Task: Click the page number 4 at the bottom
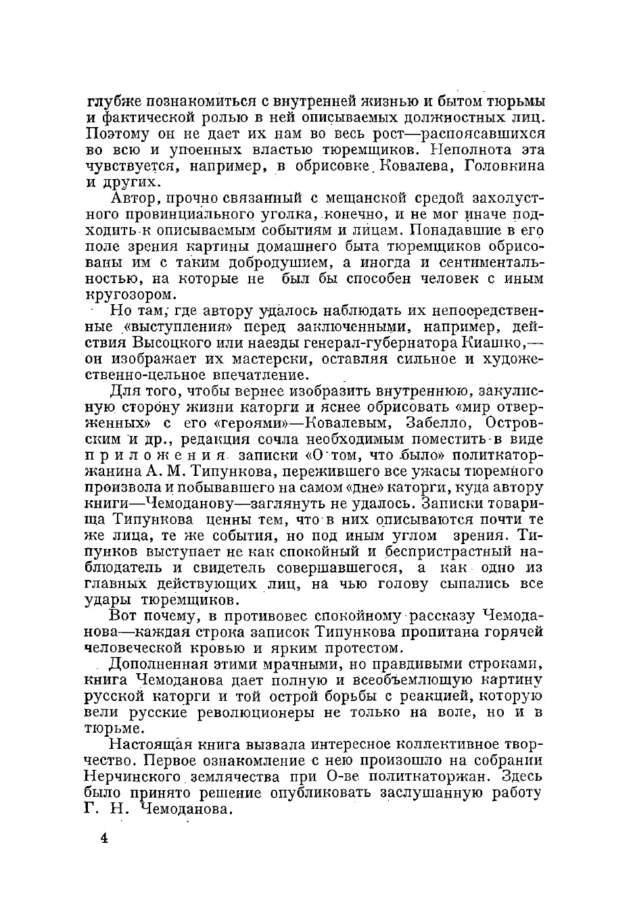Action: point(105,839)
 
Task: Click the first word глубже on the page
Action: point(114,102)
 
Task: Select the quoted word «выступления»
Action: point(167,328)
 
